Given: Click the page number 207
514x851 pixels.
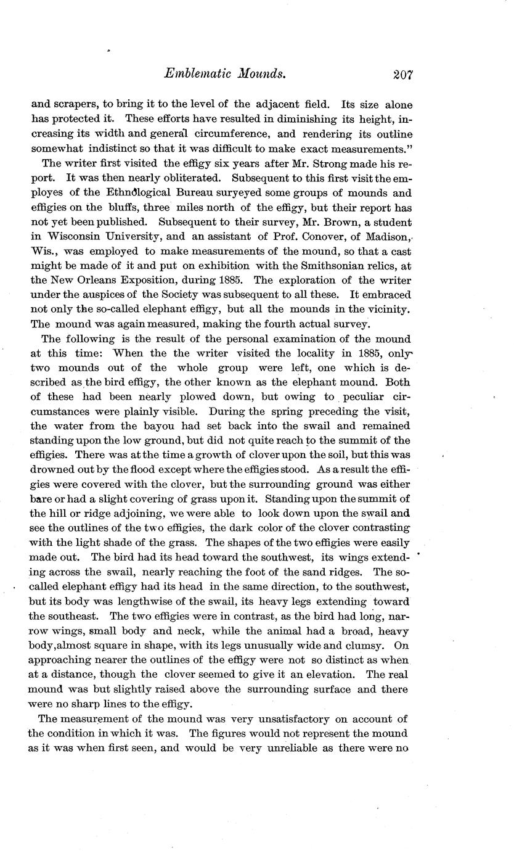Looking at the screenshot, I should (x=401, y=75).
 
